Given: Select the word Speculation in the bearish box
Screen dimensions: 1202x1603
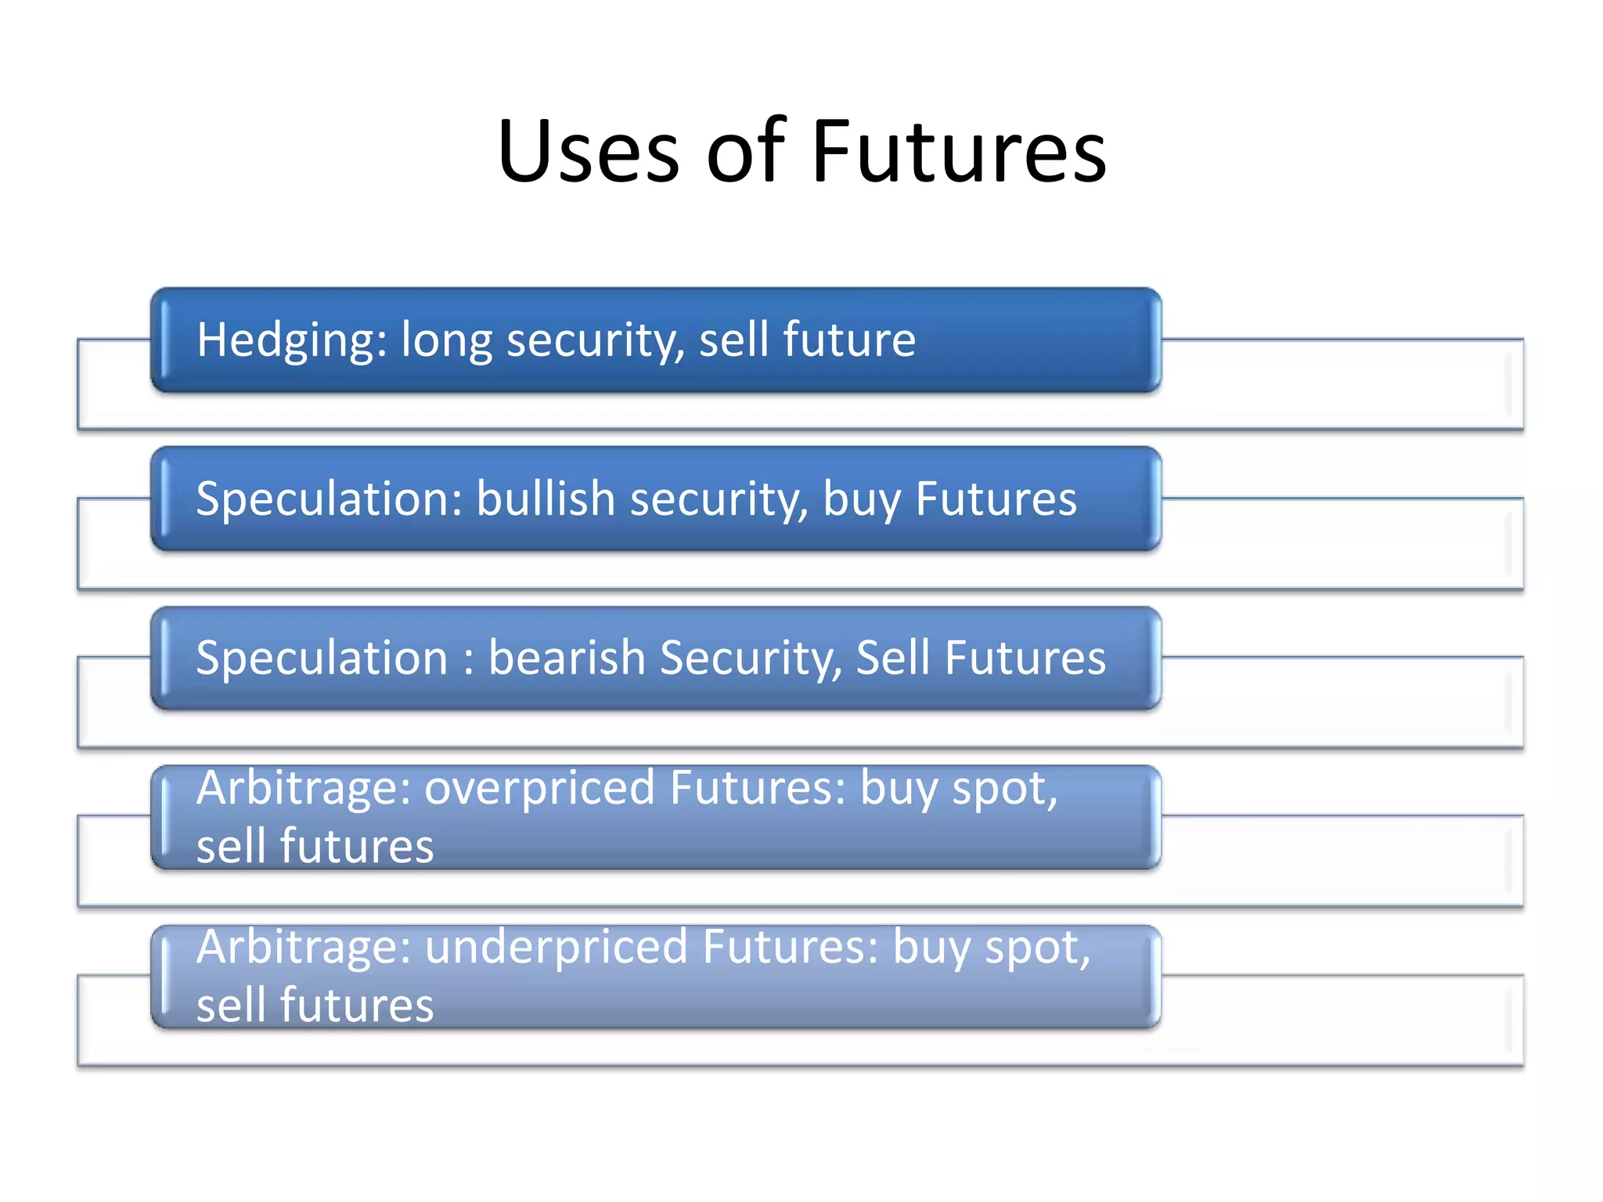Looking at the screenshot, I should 321,659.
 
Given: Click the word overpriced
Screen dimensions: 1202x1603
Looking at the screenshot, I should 539,789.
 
